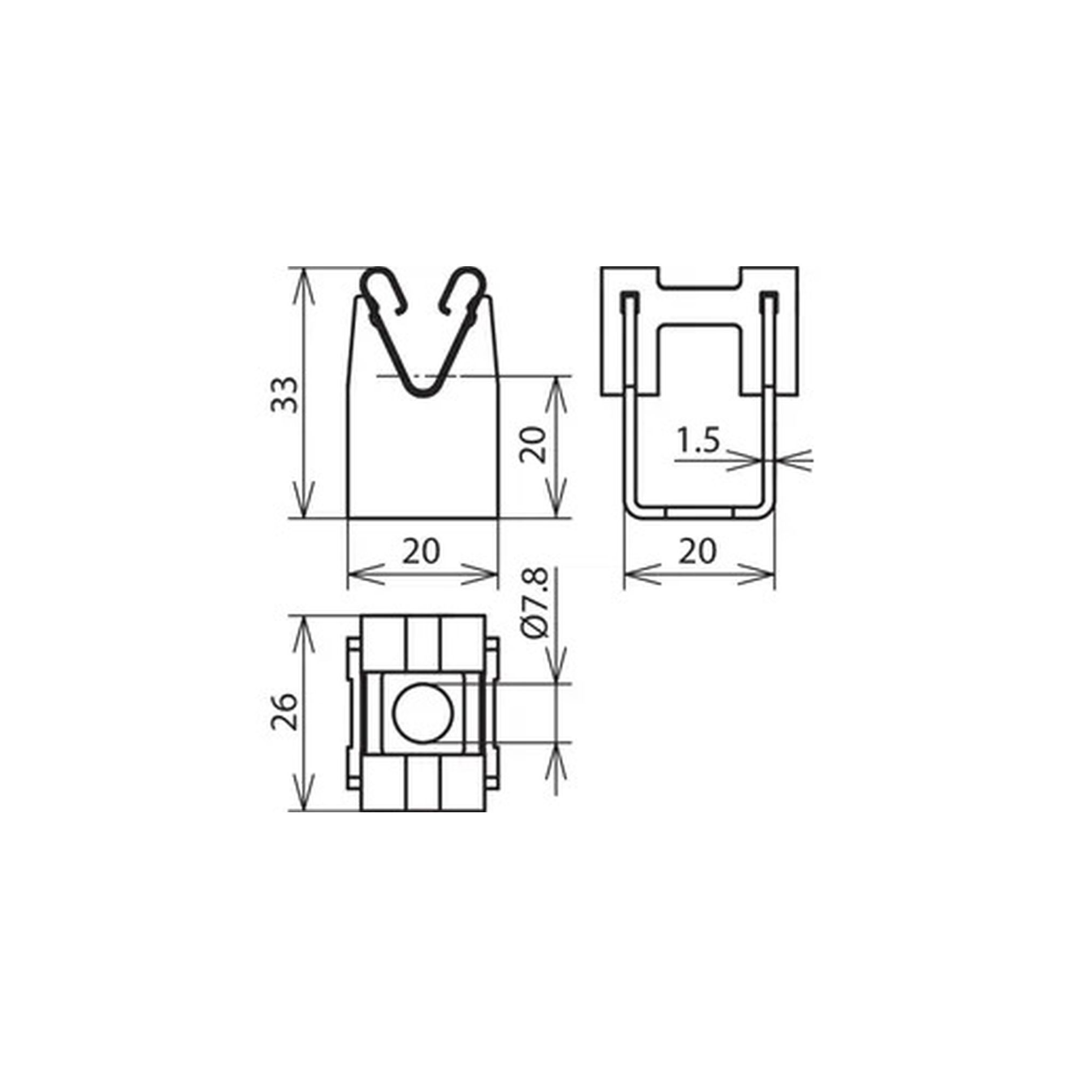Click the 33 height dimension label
pyautogui.click(x=285, y=395)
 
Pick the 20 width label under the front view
pyautogui.click(x=421, y=552)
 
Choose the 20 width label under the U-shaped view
pyautogui.click(x=697, y=552)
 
